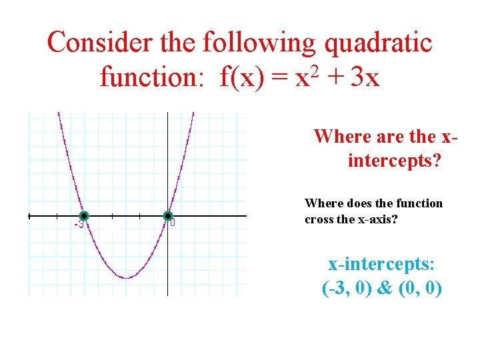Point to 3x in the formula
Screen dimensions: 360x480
pos(365,78)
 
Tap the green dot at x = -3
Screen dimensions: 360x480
pos(84,216)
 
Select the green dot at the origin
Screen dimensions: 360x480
pos(168,216)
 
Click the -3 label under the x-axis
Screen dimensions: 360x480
pos(79,225)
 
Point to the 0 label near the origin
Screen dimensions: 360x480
pos(173,223)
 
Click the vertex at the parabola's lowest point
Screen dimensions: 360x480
pos(126,278)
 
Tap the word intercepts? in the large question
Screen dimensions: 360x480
pos(394,161)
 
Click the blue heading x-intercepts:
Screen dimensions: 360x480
pos(381,264)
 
